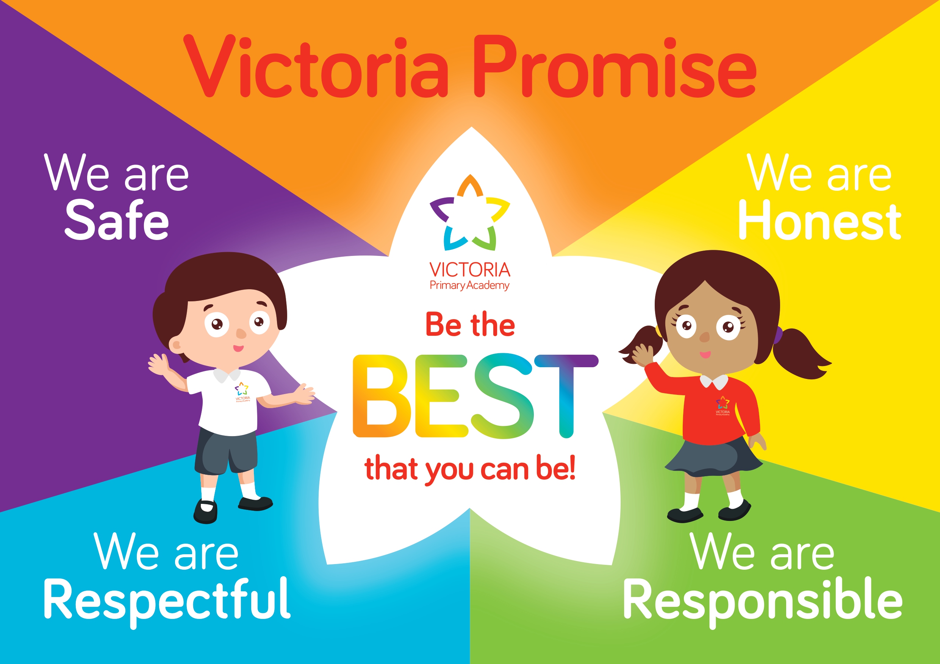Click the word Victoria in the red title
(x=316, y=66)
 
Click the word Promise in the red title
(x=615, y=66)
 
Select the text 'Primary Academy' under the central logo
(x=469, y=285)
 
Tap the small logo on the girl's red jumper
(x=723, y=405)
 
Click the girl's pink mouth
(x=705, y=354)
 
